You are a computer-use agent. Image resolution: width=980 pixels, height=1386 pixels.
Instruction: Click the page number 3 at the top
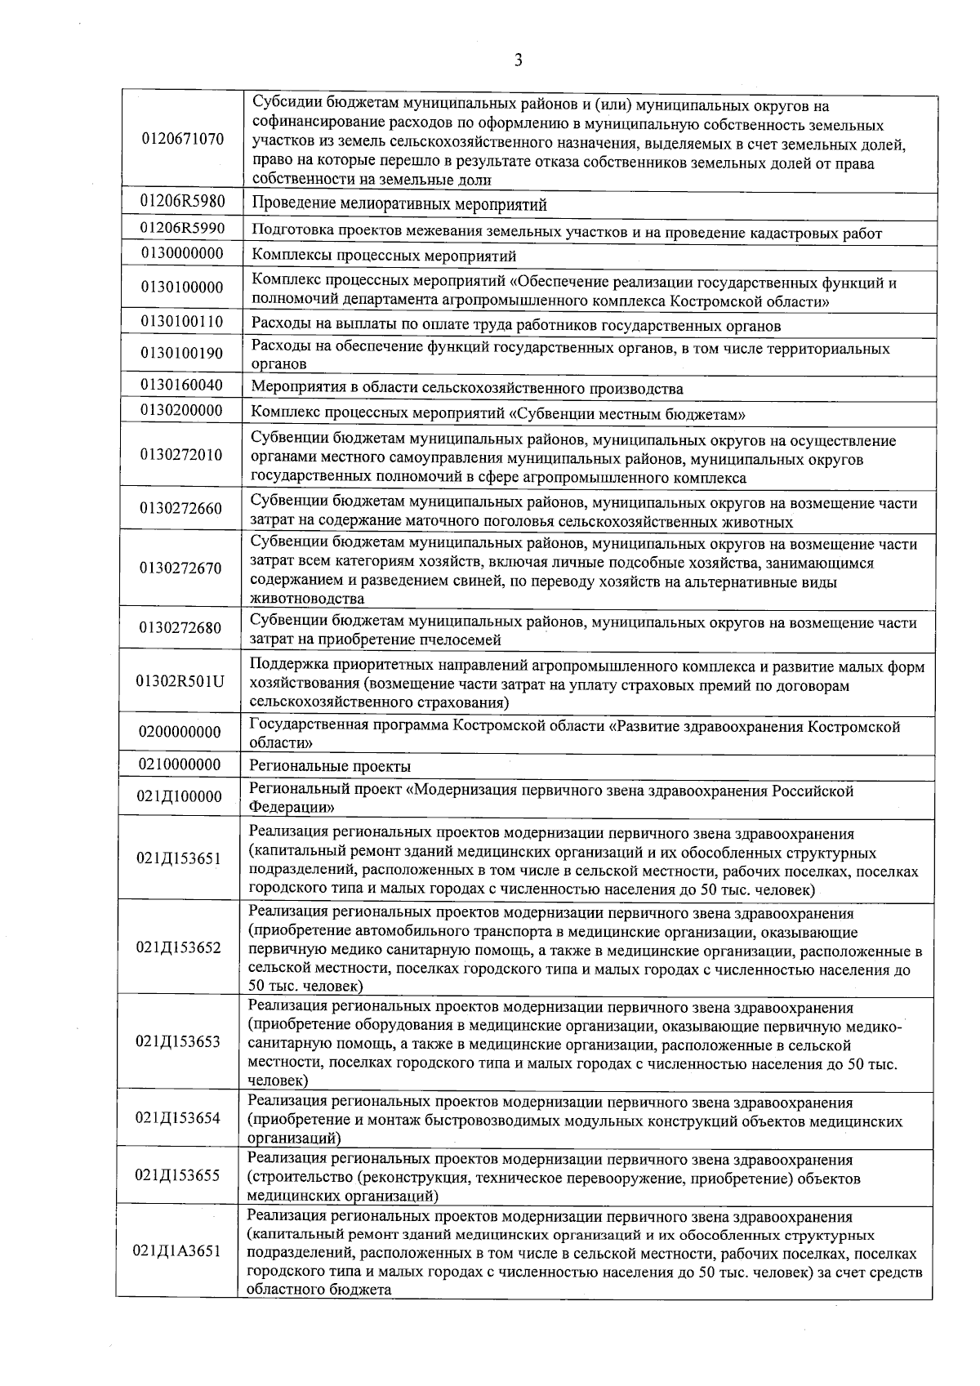point(518,60)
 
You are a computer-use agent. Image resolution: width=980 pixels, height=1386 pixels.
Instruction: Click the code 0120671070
point(182,139)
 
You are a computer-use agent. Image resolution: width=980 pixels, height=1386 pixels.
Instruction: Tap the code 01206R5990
point(182,229)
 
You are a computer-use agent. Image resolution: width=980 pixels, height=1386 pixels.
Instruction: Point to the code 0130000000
point(182,254)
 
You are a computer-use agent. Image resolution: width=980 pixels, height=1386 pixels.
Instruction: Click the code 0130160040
point(182,385)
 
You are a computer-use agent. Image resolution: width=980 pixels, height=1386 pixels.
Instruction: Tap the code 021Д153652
point(179,947)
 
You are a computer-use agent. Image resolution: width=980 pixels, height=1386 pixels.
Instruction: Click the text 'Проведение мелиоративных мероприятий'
point(399,204)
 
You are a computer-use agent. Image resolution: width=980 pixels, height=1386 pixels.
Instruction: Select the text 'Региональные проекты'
point(329,767)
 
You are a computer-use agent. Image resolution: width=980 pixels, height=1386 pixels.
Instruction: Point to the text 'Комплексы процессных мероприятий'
point(383,256)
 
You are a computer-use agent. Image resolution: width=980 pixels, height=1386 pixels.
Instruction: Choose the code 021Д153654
point(179,1118)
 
